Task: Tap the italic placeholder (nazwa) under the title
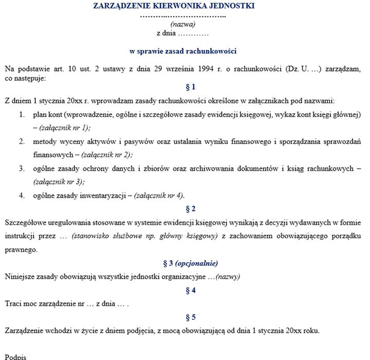182,24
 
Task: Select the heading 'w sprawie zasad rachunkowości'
182,51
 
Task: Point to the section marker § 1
190,87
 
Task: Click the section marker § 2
190,209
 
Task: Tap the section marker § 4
190,290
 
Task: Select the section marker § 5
190,317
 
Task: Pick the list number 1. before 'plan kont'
22,114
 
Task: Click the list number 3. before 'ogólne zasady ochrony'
22,168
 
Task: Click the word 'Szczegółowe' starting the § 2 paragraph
25,223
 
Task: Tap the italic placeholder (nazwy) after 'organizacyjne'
228,277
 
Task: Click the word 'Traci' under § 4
13,304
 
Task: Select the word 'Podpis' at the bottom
15,356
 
